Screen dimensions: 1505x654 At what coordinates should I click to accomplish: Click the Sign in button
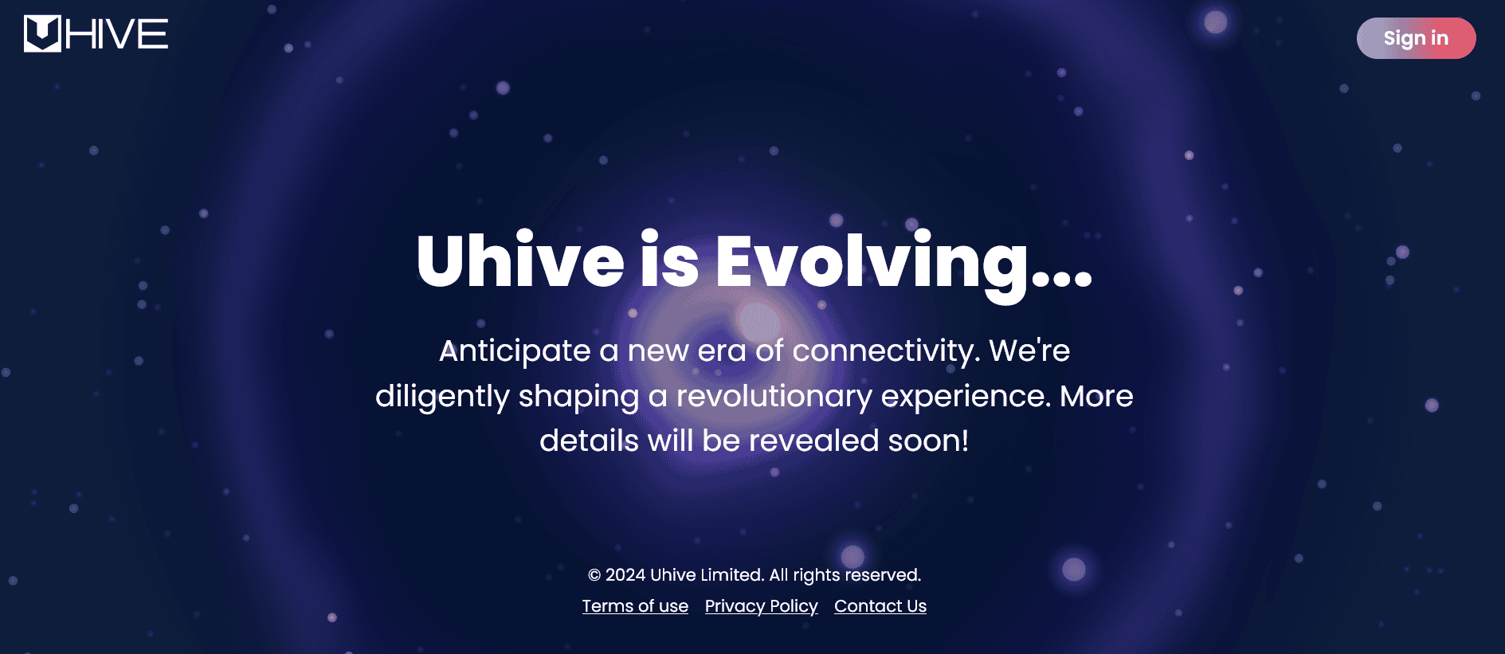(x=1416, y=38)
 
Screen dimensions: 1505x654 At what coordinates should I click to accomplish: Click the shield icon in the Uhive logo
(x=42, y=33)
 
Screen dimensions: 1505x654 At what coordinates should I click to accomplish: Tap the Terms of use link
(x=635, y=606)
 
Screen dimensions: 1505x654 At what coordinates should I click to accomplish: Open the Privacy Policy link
(x=761, y=606)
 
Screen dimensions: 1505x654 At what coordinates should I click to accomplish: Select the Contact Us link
(x=880, y=606)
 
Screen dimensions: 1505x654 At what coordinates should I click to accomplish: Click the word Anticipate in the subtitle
(x=515, y=351)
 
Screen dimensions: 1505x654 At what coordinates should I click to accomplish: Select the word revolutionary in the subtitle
(x=774, y=397)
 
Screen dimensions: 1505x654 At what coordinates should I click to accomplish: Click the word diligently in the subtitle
(x=442, y=397)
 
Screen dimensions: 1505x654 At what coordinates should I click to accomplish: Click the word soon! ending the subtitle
(x=928, y=441)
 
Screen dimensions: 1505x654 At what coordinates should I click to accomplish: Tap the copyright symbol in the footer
(x=594, y=575)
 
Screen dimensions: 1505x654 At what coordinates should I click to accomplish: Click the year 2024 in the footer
(x=625, y=575)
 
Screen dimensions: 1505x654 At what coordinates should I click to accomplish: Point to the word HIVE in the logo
(x=117, y=34)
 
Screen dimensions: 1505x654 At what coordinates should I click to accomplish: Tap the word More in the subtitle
(x=1096, y=396)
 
